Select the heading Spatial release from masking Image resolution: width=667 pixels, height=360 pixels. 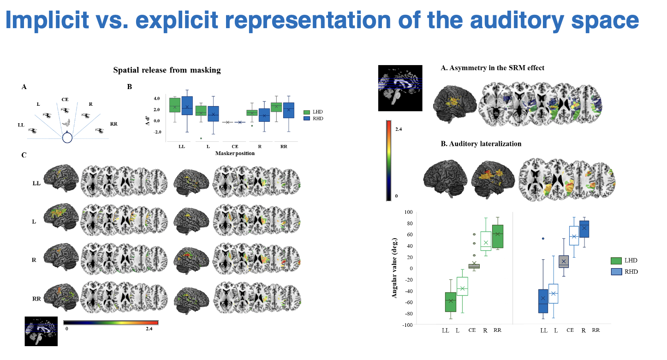pos(167,70)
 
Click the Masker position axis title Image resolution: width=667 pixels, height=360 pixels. pos(235,153)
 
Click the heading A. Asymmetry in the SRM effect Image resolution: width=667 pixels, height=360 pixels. pos(493,68)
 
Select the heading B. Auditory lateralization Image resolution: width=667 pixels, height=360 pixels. pos(481,144)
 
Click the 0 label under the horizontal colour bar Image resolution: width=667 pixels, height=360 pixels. pos(67,329)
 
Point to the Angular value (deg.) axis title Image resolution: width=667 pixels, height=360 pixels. pos(395,268)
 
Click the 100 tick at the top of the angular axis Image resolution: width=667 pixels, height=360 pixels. pos(406,212)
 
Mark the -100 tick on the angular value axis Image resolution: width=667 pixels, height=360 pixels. pos(405,325)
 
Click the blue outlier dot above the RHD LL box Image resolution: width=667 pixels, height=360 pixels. pos(543,239)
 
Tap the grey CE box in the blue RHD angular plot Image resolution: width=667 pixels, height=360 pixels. pos(564,261)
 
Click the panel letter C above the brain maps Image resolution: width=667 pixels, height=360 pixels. pos(24,155)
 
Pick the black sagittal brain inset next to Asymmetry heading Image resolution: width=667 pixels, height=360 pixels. pos(400,88)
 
